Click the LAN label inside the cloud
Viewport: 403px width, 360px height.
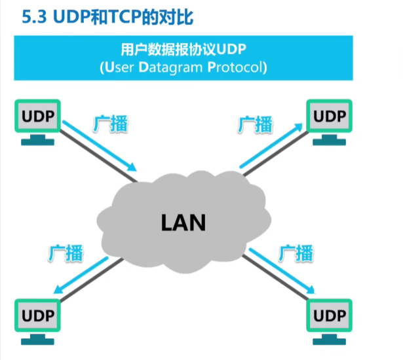coord(183,223)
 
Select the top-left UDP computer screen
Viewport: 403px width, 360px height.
coord(37,117)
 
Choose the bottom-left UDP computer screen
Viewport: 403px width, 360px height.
coord(37,316)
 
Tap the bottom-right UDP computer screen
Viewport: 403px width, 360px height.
coord(329,316)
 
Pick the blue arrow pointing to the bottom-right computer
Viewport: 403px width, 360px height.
coord(278,272)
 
